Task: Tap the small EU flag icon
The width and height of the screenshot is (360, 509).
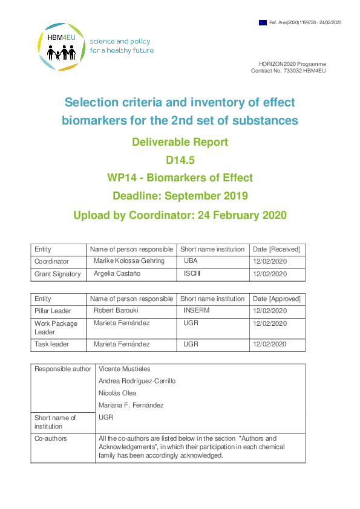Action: pos(263,22)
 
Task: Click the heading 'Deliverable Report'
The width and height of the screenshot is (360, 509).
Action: pos(180,143)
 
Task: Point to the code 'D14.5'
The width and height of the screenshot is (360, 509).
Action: pos(180,160)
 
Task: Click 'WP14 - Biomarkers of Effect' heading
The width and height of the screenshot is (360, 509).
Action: pos(180,178)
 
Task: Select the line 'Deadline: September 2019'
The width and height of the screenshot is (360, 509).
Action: pos(180,196)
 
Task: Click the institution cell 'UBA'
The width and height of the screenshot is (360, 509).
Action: pos(191,262)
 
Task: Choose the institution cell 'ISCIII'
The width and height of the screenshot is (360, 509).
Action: pos(192,274)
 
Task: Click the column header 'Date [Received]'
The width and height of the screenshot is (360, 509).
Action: pos(277,249)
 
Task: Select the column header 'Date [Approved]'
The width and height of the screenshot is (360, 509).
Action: pos(277,299)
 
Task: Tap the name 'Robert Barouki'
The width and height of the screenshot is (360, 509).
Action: pos(116,311)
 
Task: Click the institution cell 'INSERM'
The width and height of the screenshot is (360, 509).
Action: pos(197,311)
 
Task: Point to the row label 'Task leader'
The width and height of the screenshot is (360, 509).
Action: pos(51,344)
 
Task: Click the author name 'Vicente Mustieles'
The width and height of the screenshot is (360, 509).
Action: pos(124,369)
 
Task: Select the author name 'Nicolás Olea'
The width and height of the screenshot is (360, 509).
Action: pos(117,393)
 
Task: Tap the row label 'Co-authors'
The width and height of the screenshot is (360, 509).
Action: pos(51,438)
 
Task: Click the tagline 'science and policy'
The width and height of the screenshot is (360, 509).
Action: pos(120,42)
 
